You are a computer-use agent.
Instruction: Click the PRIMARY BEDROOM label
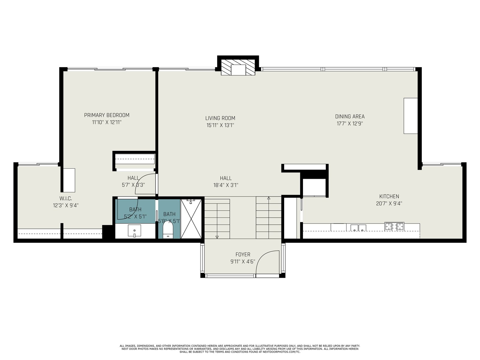pos(107,115)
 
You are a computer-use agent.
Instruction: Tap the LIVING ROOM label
pos(220,118)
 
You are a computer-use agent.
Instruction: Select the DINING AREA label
pos(350,116)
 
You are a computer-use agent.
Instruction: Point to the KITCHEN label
pos(389,196)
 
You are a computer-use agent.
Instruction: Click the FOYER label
pos(243,254)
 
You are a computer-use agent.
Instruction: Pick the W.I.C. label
pos(66,199)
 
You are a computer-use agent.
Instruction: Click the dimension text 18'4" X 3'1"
pos(226,185)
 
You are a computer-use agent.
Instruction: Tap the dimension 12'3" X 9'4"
pos(66,205)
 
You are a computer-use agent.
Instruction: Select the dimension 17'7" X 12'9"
pos(350,124)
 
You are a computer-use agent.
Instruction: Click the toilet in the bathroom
pos(168,230)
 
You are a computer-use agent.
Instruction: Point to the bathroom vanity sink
pos(134,231)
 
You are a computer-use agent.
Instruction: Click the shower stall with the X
pos(191,219)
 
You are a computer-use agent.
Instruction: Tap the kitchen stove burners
pos(394,226)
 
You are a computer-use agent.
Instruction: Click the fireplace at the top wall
pos(238,67)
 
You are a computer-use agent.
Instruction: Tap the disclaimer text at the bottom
pos(240,349)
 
